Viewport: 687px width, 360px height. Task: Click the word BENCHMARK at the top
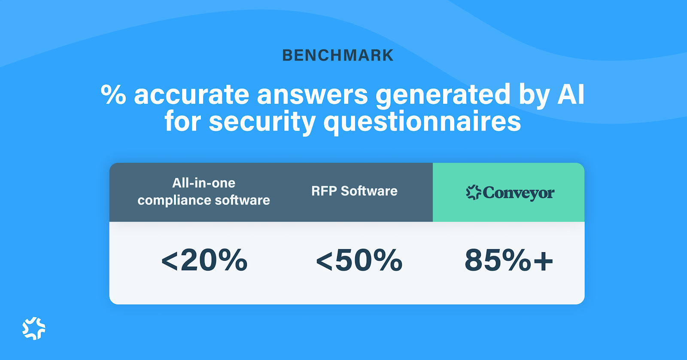click(x=337, y=55)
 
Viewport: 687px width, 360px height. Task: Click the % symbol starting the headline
click(x=113, y=95)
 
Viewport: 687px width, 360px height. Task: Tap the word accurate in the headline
click(x=192, y=95)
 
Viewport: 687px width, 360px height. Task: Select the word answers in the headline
click(x=312, y=95)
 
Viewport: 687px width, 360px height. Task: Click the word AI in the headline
click(x=571, y=95)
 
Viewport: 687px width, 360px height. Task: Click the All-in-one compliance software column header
click(x=204, y=192)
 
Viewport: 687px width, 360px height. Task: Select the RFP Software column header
click(x=354, y=191)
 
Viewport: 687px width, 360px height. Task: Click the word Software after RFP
click(x=369, y=191)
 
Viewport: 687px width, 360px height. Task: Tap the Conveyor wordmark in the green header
click(x=518, y=193)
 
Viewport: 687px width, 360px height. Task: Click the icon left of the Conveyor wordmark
click(x=473, y=192)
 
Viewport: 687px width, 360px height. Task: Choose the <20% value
click(x=204, y=260)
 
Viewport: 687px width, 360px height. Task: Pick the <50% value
click(x=359, y=260)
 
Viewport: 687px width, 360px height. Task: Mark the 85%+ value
click(x=509, y=260)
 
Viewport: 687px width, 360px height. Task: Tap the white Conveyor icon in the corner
click(x=34, y=329)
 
